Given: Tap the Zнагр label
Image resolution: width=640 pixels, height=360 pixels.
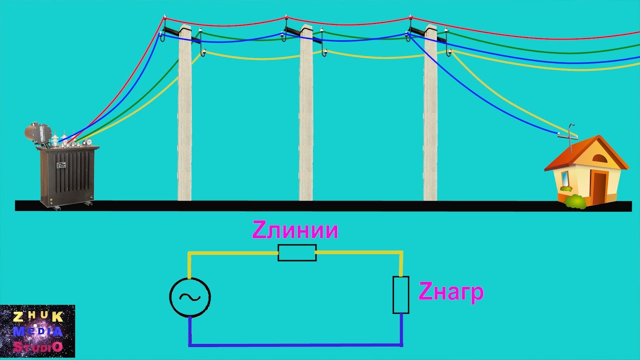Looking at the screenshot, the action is point(451,292).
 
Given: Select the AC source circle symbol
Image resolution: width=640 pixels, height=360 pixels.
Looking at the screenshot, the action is point(190,297).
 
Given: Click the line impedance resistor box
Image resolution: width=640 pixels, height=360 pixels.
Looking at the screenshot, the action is point(297,252).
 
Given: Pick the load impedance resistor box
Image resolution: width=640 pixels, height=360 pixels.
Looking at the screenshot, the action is point(401,295).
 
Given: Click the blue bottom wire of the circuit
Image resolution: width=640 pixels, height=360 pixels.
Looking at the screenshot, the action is point(295,345).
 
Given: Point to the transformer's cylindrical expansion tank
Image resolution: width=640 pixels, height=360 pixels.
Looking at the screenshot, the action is point(38,132).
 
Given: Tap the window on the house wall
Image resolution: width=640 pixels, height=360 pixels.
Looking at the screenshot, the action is point(565,178).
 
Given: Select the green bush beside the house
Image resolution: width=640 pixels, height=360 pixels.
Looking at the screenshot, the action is point(575,201).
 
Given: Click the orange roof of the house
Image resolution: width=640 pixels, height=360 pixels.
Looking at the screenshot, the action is point(585,153).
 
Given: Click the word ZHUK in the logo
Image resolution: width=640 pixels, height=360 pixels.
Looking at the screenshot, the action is point(38,317).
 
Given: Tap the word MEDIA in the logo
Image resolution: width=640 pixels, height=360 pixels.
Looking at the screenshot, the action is point(38,331).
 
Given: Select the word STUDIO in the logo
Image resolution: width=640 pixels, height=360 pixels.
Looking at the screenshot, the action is point(38,347).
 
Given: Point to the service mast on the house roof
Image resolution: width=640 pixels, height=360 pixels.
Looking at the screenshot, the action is point(569,138).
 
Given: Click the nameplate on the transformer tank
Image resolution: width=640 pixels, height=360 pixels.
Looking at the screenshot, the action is point(61,165).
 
